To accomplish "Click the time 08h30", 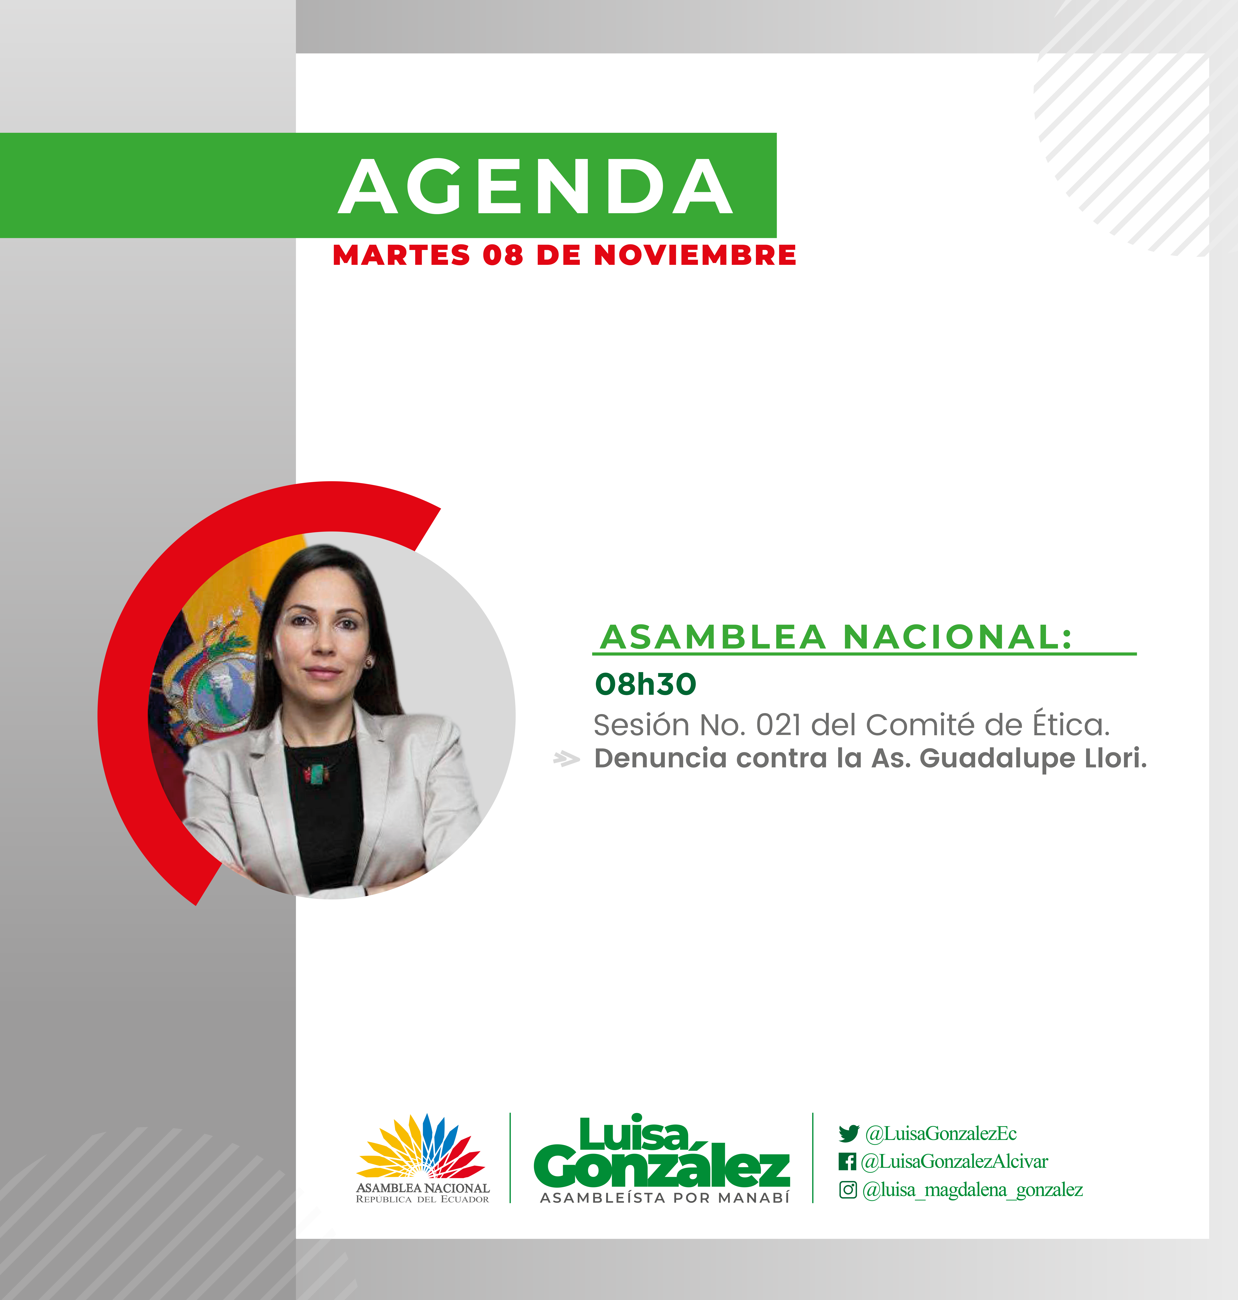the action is coord(645,684).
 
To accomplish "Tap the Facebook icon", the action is coord(847,1161).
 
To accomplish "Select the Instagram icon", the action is coord(848,1190).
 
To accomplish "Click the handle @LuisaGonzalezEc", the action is coord(941,1134).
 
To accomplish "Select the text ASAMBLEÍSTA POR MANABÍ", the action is coord(665,1198).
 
